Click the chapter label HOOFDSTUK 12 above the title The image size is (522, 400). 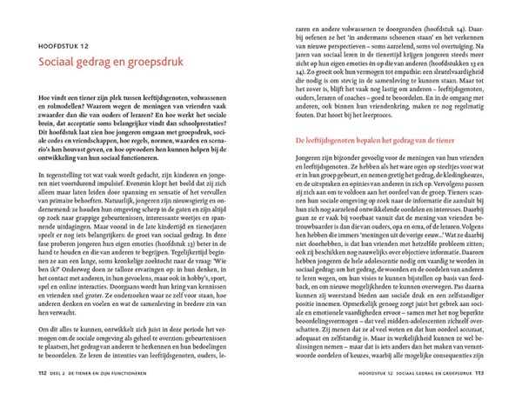coord(64,46)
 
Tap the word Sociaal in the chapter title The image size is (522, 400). coord(58,63)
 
